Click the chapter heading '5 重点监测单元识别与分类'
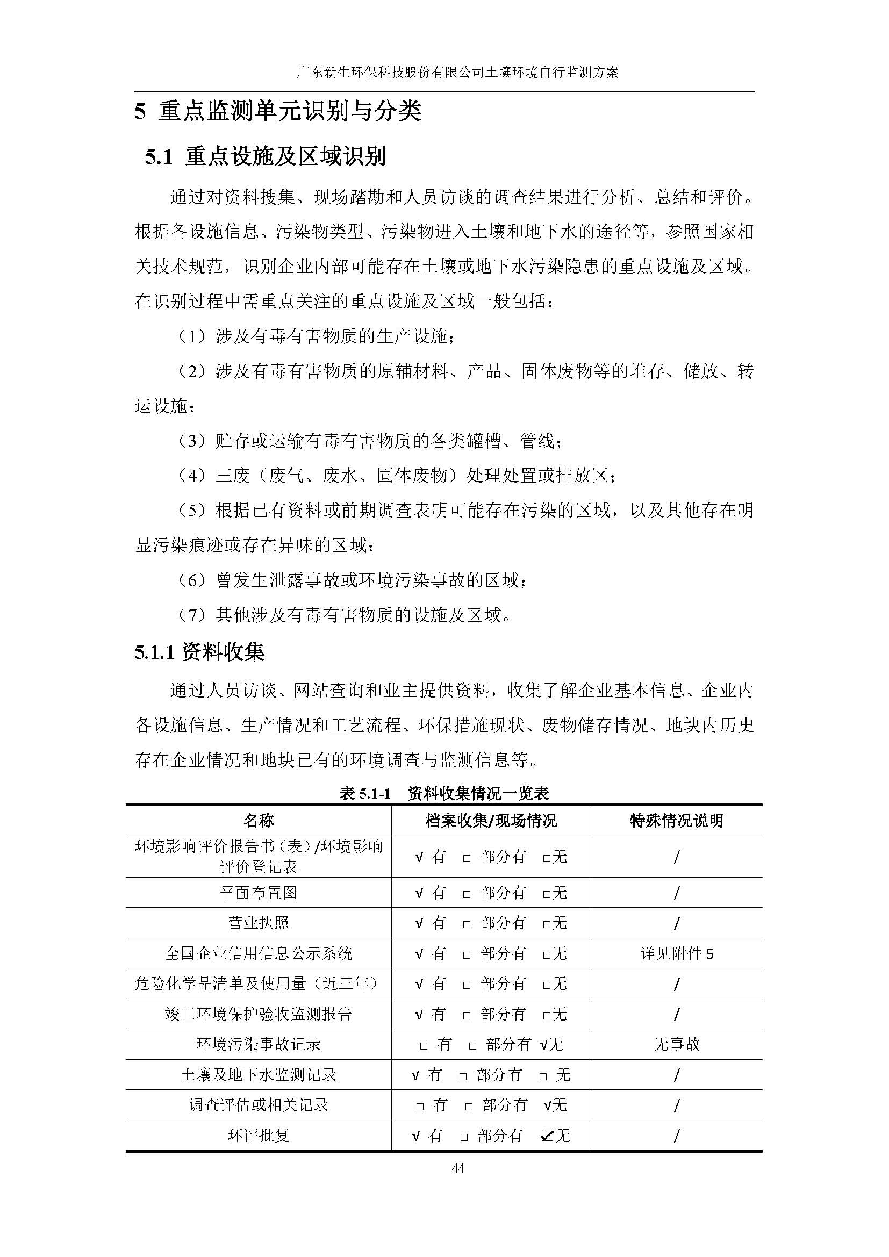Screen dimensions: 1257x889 [x=277, y=111]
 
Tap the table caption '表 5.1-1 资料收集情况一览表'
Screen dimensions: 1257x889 [x=444, y=793]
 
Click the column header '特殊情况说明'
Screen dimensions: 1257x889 [x=677, y=820]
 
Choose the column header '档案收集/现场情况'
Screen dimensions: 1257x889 [x=491, y=820]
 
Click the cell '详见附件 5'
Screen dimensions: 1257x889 [x=677, y=954]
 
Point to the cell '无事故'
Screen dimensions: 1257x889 [x=677, y=1044]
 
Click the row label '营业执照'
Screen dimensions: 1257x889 [x=259, y=923]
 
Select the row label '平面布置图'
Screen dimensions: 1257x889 [x=259, y=893]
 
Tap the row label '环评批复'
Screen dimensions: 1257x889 [x=259, y=1135]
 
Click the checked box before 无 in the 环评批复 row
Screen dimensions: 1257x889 [x=546, y=1136]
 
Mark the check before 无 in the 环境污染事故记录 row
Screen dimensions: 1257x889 [x=543, y=1045]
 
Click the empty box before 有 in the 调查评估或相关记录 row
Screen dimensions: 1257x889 [x=420, y=1106]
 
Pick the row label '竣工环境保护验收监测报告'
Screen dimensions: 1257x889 [x=259, y=1014]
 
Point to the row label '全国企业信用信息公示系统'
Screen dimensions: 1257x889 [x=259, y=954]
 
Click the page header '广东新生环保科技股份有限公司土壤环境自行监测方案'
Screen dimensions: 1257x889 [x=457, y=72]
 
